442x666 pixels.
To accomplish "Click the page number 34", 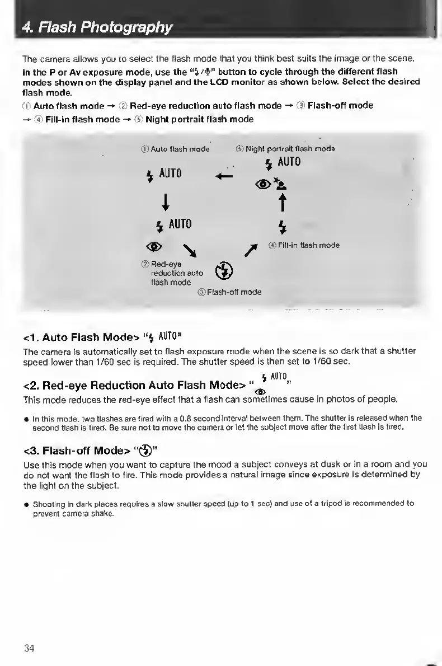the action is [29, 648].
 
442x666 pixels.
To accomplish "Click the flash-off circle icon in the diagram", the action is [220, 270].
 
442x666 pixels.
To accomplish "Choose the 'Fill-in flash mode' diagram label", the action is [303, 245].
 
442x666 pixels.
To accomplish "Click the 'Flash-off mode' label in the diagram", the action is [229, 292].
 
